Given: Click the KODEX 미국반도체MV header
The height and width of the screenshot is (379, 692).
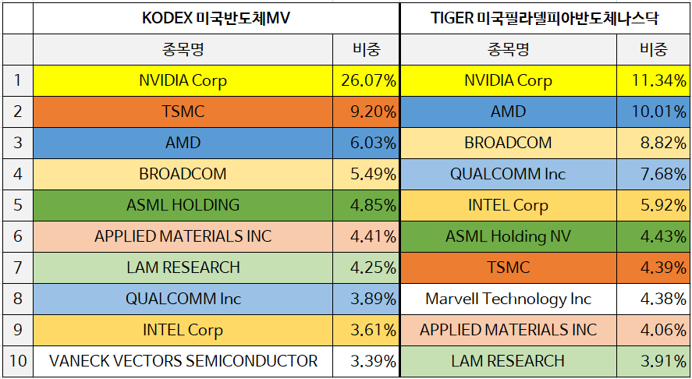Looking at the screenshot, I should tap(215, 18).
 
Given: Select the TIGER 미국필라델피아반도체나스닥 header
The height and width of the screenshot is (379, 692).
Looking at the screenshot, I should tap(545, 18).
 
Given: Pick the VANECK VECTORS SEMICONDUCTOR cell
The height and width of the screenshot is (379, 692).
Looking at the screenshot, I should tap(183, 361).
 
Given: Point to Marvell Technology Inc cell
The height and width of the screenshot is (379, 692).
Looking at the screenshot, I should tap(508, 299).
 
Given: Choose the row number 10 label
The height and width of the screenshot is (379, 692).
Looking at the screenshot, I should tap(17, 361).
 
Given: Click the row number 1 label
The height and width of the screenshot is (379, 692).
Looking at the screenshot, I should tap(17, 80).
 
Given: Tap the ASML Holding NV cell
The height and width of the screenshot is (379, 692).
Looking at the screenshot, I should tap(508, 236).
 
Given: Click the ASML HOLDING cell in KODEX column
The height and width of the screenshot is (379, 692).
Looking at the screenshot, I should tap(183, 205).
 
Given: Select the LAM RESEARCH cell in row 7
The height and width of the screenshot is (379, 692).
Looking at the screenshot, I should tap(183, 267).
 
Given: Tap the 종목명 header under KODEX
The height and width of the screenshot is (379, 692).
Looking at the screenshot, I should tap(183, 50).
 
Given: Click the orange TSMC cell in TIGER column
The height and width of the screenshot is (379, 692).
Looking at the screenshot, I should tap(508, 267).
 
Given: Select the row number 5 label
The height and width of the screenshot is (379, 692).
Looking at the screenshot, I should tap(17, 205).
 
